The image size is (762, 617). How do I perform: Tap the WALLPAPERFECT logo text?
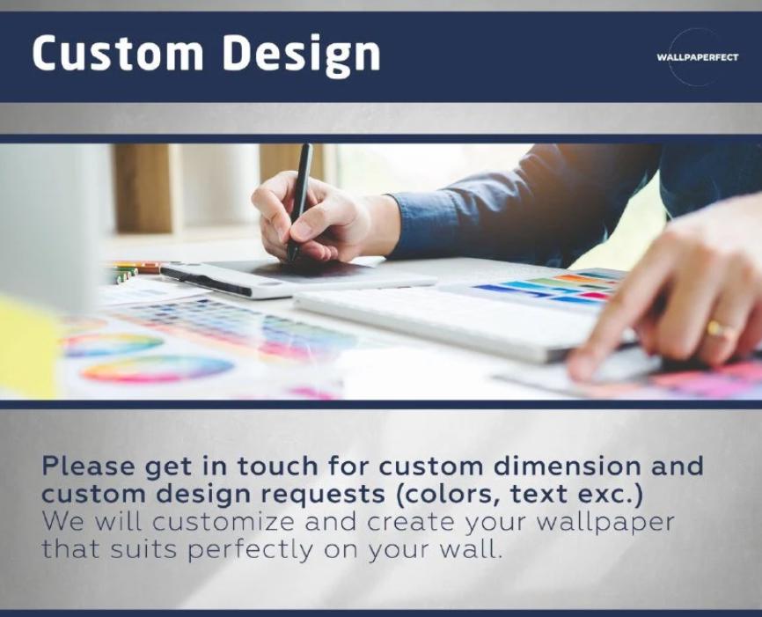click(x=698, y=57)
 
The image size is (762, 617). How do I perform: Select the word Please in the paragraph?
click(x=89, y=466)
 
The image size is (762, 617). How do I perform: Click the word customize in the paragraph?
click(x=223, y=522)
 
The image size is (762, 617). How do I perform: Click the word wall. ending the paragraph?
click(x=471, y=549)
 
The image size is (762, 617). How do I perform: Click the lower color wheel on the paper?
click(x=158, y=369)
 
